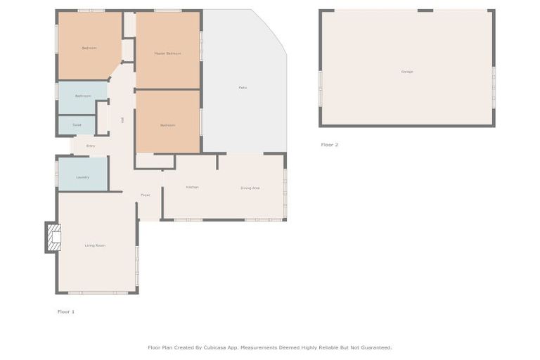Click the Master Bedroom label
[167, 53]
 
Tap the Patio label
[242, 87]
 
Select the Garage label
[406, 72]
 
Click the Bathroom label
[83, 96]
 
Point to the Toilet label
[77, 124]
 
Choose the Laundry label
[82, 177]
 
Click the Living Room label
[95, 245]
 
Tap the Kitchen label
[192, 187]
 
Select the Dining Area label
[250, 188]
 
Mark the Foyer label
[145, 195]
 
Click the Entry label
[91, 146]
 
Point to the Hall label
[122, 120]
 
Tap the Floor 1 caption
[65, 311]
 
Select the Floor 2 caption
[329, 145]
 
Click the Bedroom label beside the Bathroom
[89, 48]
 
